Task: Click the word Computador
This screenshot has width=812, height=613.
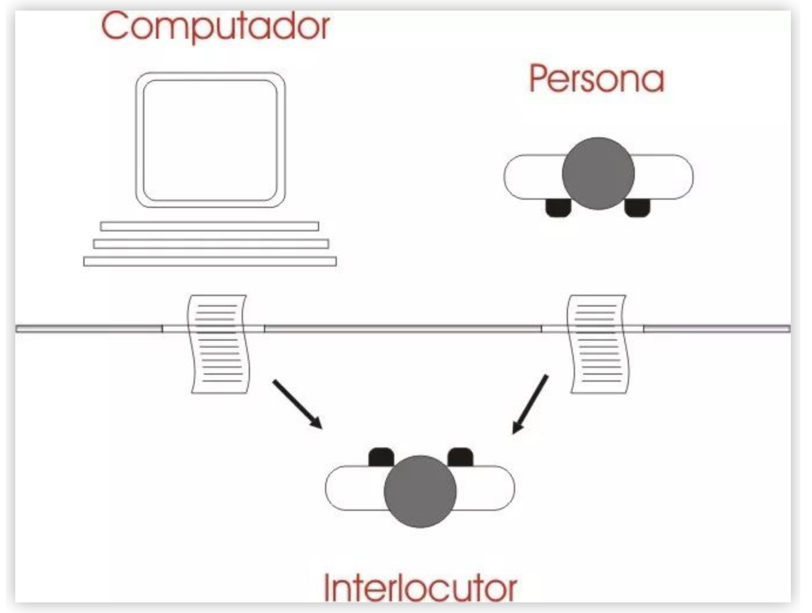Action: click(215, 26)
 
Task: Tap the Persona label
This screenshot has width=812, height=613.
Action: click(597, 79)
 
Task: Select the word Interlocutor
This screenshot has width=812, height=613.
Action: click(420, 587)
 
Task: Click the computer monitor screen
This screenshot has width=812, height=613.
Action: click(210, 140)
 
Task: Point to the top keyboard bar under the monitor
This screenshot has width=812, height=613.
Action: click(209, 226)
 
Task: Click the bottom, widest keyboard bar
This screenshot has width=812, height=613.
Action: click(210, 261)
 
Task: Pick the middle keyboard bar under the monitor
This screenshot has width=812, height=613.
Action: click(211, 243)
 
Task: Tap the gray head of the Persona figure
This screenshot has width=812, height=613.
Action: click(598, 174)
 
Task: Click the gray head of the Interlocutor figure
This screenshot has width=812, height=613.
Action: click(420, 491)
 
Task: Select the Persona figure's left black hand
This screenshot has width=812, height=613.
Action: click(558, 207)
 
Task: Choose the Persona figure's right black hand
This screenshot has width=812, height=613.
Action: click(637, 207)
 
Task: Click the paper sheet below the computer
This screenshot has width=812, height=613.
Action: click(218, 344)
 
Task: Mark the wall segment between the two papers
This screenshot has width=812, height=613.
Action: click(402, 329)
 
